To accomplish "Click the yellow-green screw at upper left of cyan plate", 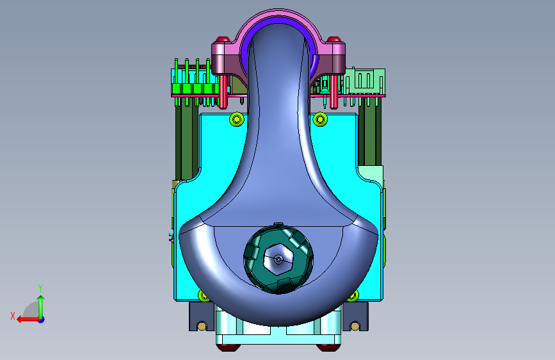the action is pyautogui.click(x=237, y=119).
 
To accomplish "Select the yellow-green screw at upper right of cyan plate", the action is pyautogui.click(x=320, y=119).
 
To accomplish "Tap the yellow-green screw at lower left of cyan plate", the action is pyautogui.click(x=203, y=295).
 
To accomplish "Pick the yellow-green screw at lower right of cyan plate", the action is pyautogui.click(x=353, y=295).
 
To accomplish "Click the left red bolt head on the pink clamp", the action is pyautogui.click(x=223, y=39).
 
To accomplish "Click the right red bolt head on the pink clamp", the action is pyautogui.click(x=334, y=39).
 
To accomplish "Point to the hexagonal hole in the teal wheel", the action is pyautogui.click(x=279, y=259).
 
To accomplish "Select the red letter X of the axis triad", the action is pyautogui.click(x=13, y=316).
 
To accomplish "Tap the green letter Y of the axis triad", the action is pyautogui.click(x=40, y=288).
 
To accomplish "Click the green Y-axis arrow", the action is pyautogui.click(x=41, y=307).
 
